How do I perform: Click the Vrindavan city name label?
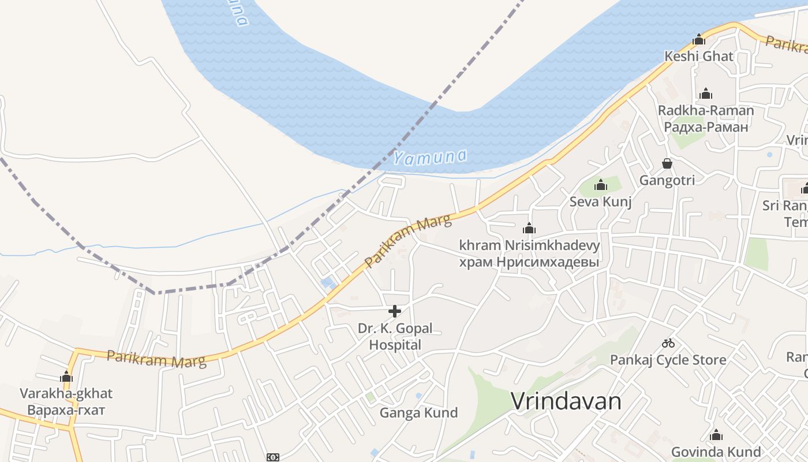tap(566, 401)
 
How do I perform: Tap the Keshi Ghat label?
tap(699, 57)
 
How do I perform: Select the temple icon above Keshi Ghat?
tap(699, 40)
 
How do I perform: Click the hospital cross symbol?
tap(395, 312)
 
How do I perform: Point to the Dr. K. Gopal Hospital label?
tap(395, 337)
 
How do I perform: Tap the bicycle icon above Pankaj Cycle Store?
tap(668, 343)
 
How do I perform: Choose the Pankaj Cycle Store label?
tap(668, 360)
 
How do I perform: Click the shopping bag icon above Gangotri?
tap(667, 163)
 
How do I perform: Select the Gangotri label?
tap(667, 180)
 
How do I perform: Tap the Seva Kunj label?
tap(600, 202)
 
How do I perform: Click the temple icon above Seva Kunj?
tap(601, 185)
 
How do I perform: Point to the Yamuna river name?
tap(430, 157)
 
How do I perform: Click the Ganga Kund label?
tap(418, 413)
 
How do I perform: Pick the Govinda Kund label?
tap(716, 452)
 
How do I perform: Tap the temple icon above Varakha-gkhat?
tap(66, 377)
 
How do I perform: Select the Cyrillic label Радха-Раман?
tap(706, 126)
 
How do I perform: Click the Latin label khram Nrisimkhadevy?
tap(529, 245)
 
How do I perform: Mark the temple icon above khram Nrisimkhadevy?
tap(529, 229)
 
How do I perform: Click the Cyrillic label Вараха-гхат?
tap(66, 411)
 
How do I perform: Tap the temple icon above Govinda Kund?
tap(716, 435)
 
